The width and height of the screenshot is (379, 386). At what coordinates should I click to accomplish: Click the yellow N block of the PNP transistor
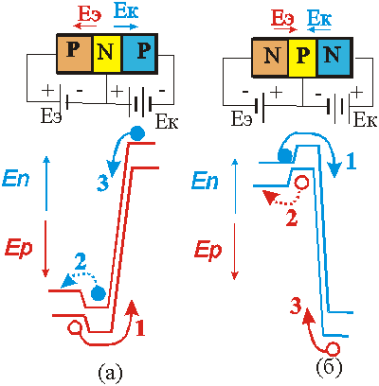(108, 53)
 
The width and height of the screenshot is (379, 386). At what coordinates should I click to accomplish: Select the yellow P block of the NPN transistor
(303, 58)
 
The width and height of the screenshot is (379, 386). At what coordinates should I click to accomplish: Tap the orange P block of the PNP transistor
(75, 53)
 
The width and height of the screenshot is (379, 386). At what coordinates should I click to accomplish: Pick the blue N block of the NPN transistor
(334, 58)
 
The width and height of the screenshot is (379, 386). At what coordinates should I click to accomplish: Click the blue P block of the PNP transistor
(139, 53)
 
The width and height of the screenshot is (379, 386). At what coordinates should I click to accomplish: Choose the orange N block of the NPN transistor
(270, 58)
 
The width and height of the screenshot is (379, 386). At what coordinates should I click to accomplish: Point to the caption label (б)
(329, 368)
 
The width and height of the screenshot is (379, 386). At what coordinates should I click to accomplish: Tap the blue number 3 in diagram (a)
(102, 183)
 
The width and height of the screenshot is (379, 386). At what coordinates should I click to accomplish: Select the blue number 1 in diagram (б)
(351, 162)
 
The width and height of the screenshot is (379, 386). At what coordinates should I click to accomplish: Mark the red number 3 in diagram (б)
(296, 307)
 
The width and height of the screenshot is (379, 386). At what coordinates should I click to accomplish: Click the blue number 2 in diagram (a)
(81, 261)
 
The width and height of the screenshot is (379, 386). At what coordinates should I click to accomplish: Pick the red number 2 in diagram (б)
(291, 218)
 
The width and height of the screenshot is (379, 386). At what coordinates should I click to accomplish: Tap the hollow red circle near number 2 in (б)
(302, 183)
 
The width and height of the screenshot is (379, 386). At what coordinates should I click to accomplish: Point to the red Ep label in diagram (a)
(18, 250)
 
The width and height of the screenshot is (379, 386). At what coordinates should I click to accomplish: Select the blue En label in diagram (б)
(205, 182)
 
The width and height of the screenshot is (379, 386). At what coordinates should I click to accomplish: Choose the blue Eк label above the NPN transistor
(319, 18)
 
